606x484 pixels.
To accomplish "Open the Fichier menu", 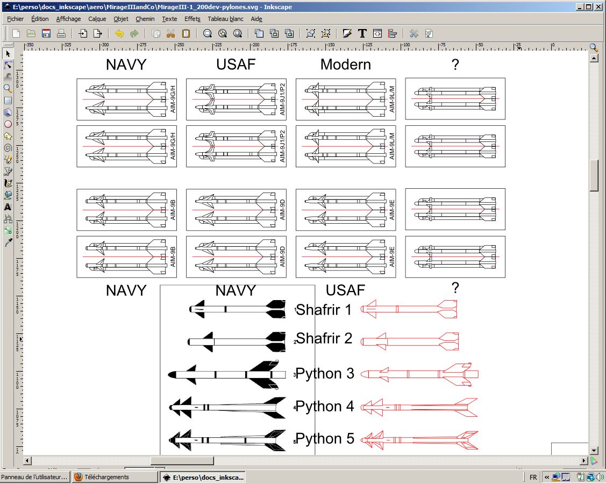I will point(16,19).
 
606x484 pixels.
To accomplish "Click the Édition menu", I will point(40,19).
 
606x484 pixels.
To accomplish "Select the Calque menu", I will point(97,19).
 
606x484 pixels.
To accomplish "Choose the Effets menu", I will point(192,19).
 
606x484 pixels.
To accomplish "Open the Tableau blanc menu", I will point(225,19).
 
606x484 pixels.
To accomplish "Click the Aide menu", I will point(256,19).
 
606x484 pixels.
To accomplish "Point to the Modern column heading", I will point(345,65).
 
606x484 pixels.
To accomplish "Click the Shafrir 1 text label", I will point(324,310).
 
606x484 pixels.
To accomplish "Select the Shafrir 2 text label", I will point(324,338).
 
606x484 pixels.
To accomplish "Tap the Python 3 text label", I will point(325,373).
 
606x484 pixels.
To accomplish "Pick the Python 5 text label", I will point(325,439).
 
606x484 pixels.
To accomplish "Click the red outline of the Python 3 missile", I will point(419,374).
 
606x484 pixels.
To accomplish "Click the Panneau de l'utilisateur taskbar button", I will point(35,477).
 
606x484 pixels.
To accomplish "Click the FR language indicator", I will point(533,477).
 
